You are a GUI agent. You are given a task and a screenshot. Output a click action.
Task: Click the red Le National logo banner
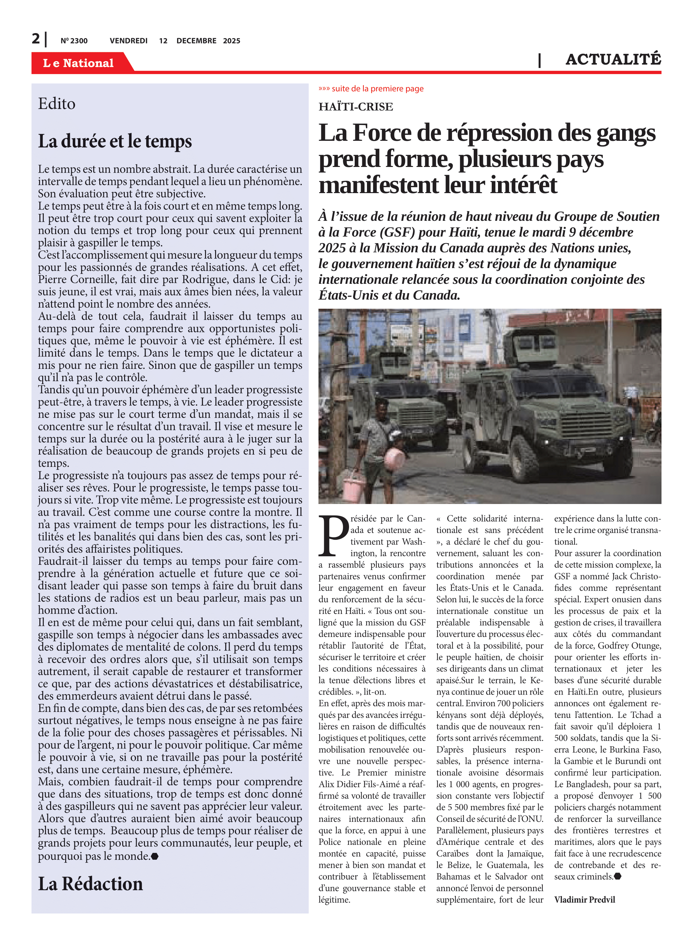tap(78, 63)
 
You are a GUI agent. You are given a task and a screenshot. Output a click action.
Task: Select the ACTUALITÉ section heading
tap(613, 60)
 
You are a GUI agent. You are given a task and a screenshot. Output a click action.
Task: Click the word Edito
tap(57, 104)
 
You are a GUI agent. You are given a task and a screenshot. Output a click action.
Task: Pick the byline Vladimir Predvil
tap(584, 899)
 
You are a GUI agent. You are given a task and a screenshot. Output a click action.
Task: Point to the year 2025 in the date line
tap(232, 41)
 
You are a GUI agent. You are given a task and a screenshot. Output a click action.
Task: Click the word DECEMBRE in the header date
tap(196, 41)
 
